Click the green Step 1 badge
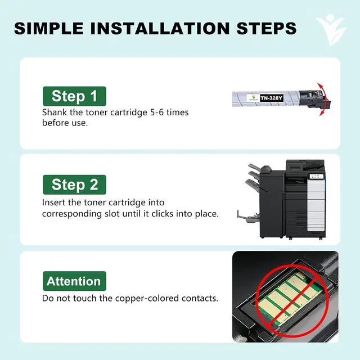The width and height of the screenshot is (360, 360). tap(74, 96)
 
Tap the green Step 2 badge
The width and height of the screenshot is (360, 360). tap(74, 184)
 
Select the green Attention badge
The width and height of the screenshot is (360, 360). tap(74, 281)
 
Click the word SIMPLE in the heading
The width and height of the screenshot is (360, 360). tap(49, 29)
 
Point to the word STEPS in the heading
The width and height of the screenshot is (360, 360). tap(266, 29)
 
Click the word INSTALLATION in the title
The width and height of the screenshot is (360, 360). tap(160, 29)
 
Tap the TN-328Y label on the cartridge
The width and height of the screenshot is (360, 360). tap(271, 98)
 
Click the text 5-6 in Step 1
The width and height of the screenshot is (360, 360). tap(157, 112)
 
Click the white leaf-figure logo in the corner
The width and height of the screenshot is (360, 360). tap(331, 29)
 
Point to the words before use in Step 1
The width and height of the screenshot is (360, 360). tap(65, 123)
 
